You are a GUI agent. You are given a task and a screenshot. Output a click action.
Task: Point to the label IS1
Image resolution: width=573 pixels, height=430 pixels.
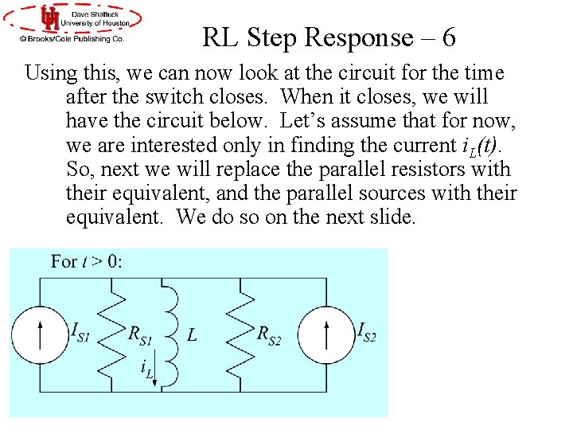pos(80,330)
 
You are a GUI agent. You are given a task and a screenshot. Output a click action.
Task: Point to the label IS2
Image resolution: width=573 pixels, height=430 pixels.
pos(367,331)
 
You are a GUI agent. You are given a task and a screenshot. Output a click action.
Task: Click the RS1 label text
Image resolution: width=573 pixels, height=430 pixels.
pos(140,334)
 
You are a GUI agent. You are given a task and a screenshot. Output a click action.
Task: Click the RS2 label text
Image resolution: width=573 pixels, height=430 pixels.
pos(269,334)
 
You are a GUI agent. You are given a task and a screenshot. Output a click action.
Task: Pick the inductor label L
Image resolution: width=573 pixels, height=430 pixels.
pos(192,335)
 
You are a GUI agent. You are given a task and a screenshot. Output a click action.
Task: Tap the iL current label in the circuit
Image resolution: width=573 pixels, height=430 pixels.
pos(146,369)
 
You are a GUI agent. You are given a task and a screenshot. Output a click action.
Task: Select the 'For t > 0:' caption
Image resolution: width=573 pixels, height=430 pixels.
pos(87,261)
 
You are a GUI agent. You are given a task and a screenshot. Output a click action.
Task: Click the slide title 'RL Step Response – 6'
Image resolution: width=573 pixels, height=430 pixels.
pos(329,37)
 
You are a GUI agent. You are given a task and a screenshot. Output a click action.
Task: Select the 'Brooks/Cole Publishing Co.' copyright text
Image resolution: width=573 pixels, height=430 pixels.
pos(72,37)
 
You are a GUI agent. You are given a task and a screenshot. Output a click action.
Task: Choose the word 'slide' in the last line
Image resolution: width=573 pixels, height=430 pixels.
pos(385,217)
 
